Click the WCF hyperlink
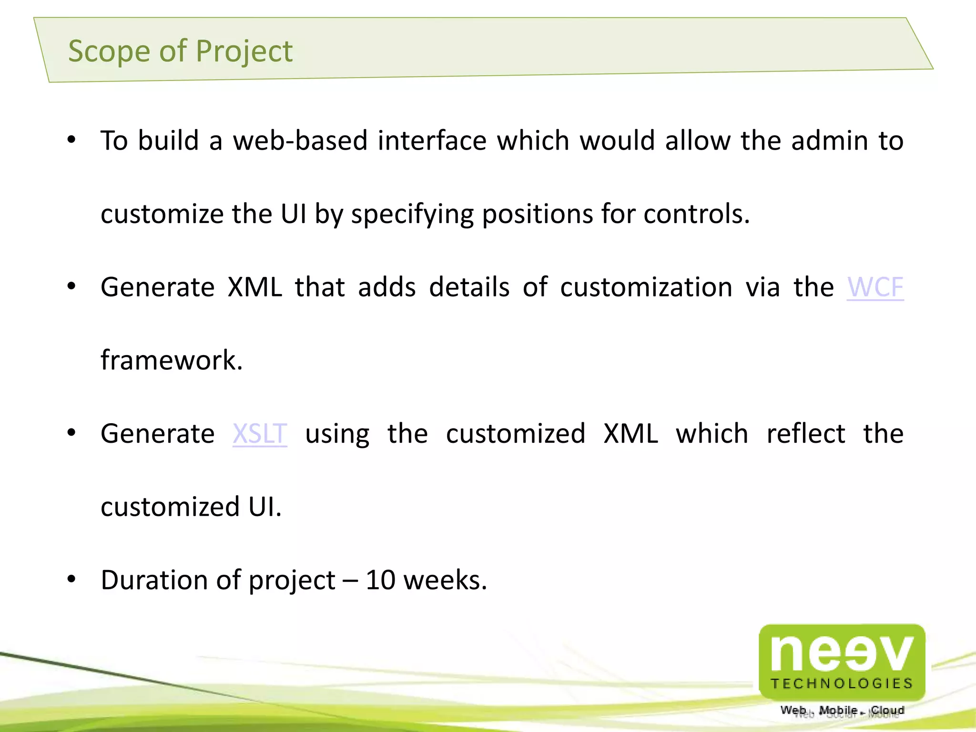point(875,287)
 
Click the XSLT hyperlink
point(260,434)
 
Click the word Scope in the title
point(109,51)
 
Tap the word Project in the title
point(244,51)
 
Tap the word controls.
point(696,214)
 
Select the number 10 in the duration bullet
point(380,580)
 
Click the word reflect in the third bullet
point(806,434)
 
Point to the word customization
point(646,287)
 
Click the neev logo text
point(842,654)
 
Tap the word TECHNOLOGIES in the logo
point(842,684)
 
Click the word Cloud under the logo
point(887,710)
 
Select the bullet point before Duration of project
point(71,579)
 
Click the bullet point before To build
point(71,140)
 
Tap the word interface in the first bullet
point(432,141)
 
